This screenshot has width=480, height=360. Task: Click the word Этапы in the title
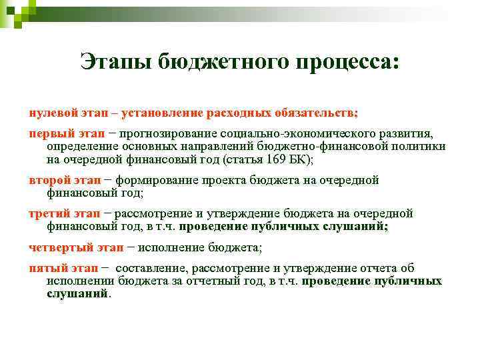115,63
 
